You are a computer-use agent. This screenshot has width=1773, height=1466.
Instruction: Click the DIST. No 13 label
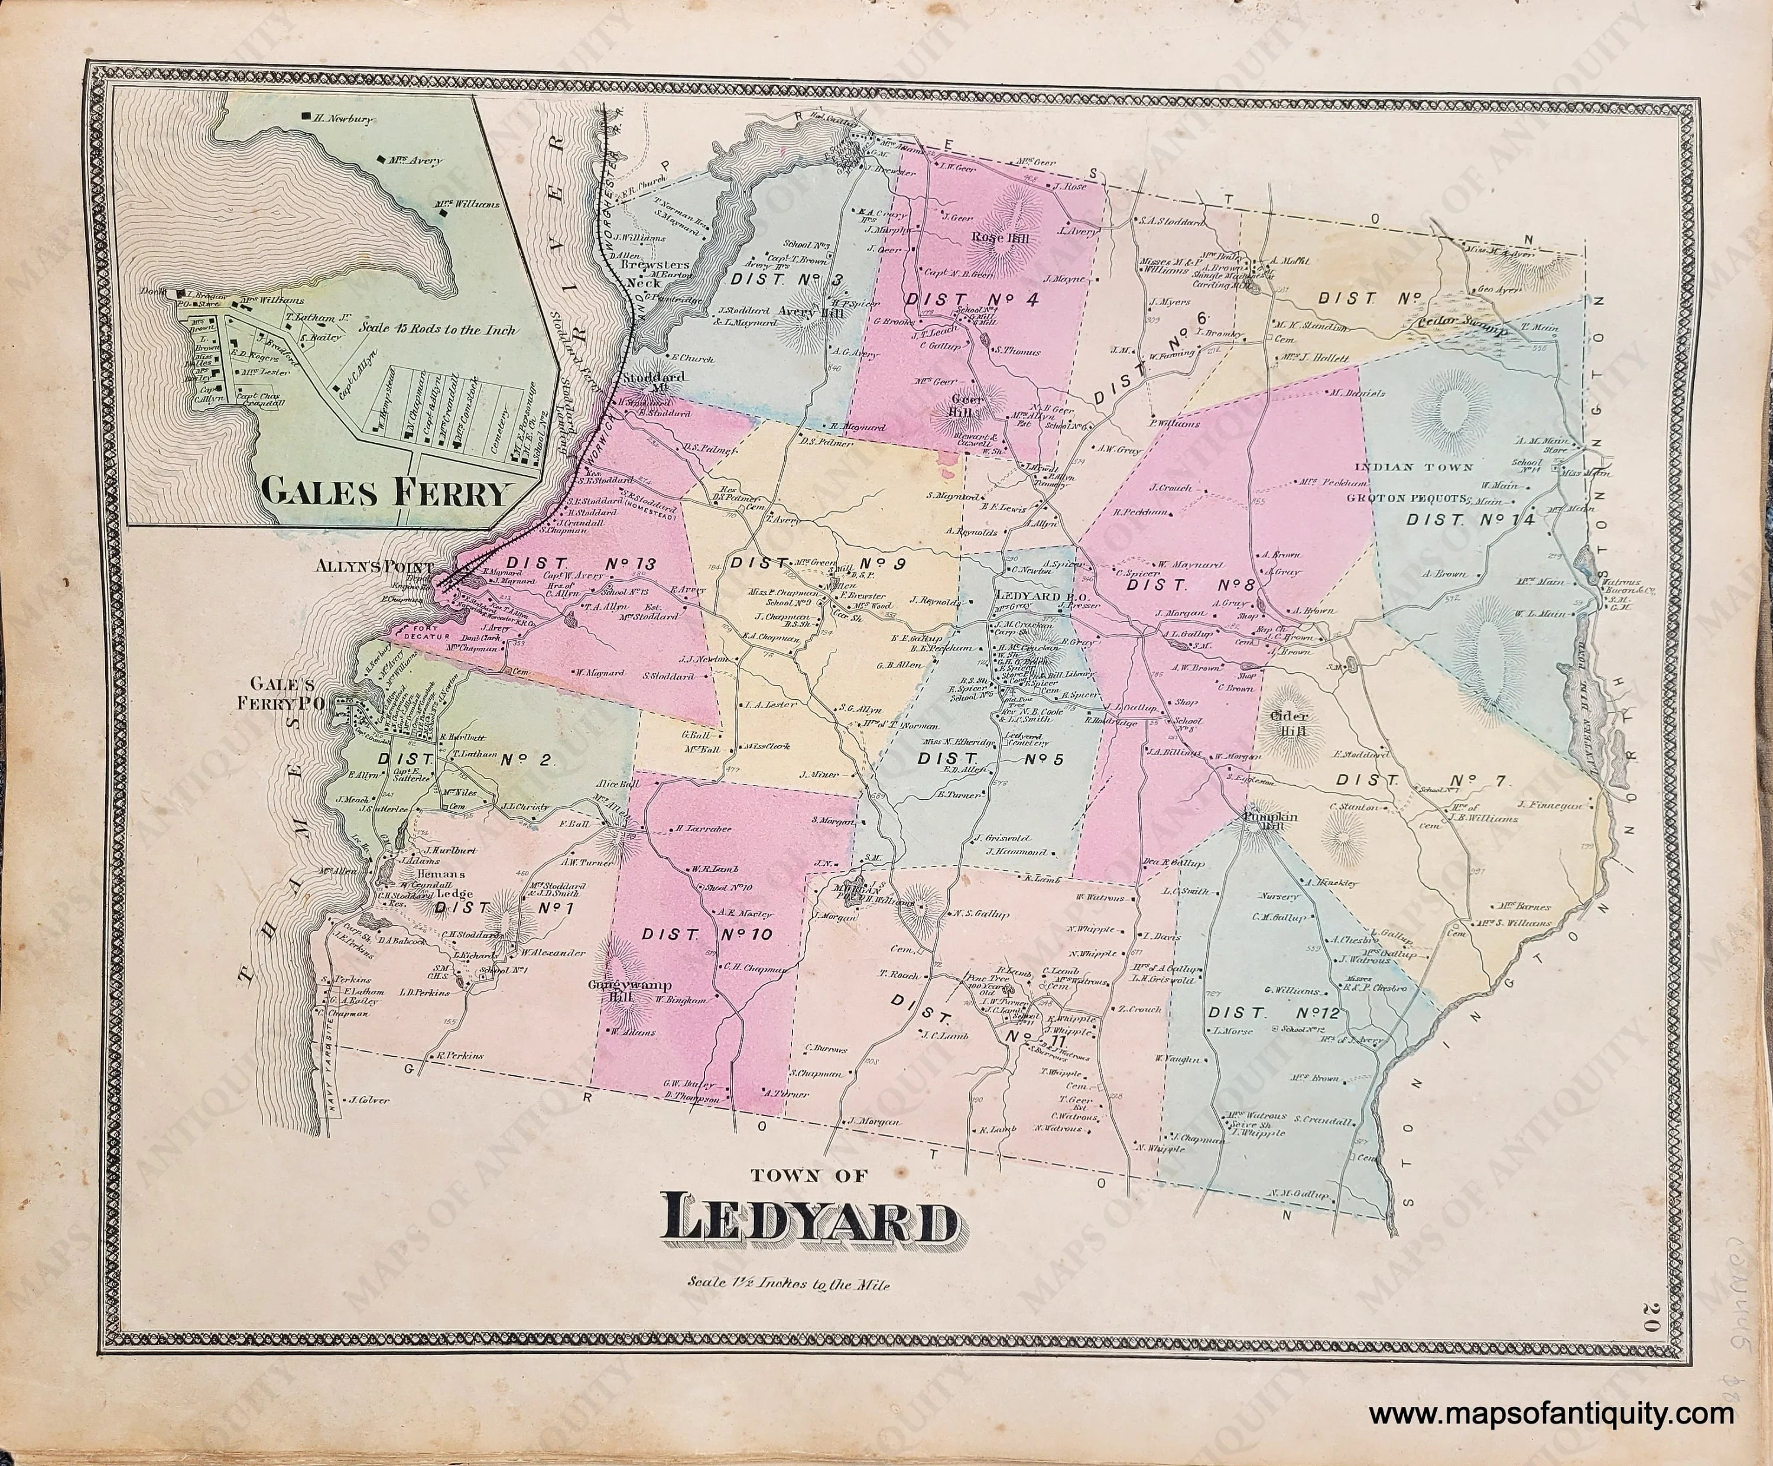click(584, 562)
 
